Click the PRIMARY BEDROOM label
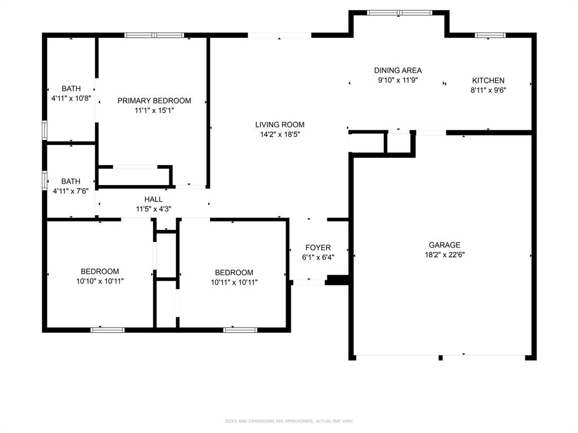click(x=154, y=100)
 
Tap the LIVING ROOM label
click(x=280, y=125)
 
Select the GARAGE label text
click(x=445, y=245)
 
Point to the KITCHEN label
click(x=488, y=80)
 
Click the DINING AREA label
click(x=398, y=70)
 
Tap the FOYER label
click(x=318, y=248)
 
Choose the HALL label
click(x=154, y=199)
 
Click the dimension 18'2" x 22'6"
click(x=445, y=254)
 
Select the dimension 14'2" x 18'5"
click(x=280, y=134)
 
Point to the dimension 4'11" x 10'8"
click(x=71, y=98)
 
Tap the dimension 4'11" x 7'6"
click(x=71, y=191)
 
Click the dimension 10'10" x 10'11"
click(x=100, y=281)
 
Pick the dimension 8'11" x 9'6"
click(x=488, y=90)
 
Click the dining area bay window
click(x=399, y=13)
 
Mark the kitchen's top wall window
click(x=490, y=36)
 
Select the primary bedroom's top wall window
click(x=154, y=36)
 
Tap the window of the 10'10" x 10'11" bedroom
click(x=108, y=330)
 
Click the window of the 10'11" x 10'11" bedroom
click(x=240, y=330)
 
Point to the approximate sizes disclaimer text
click(x=289, y=421)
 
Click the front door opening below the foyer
click(x=309, y=282)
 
